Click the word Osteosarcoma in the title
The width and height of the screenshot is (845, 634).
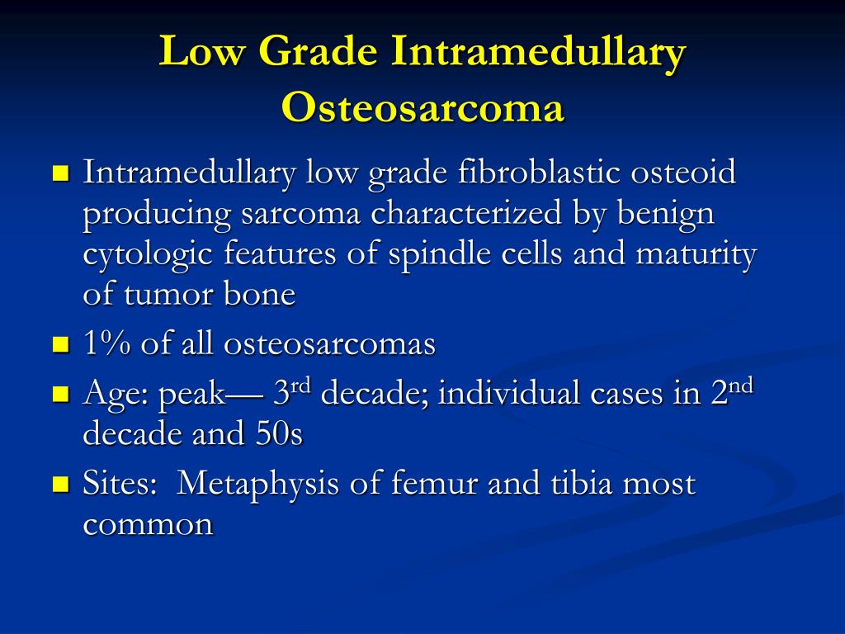tap(422, 106)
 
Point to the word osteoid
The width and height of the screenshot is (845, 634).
tap(683, 172)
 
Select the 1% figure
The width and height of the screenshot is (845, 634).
tap(107, 343)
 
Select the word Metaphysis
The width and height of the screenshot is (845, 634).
tap(258, 484)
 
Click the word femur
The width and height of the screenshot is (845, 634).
tap(434, 482)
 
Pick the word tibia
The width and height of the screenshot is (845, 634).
tap(582, 482)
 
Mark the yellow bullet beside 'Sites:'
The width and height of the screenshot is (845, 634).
tap(61, 484)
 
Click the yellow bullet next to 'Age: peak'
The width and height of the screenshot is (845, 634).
tap(61, 394)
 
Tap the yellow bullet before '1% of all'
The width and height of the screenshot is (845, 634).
tap(61, 344)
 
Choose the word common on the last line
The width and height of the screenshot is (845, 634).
tap(149, 524)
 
